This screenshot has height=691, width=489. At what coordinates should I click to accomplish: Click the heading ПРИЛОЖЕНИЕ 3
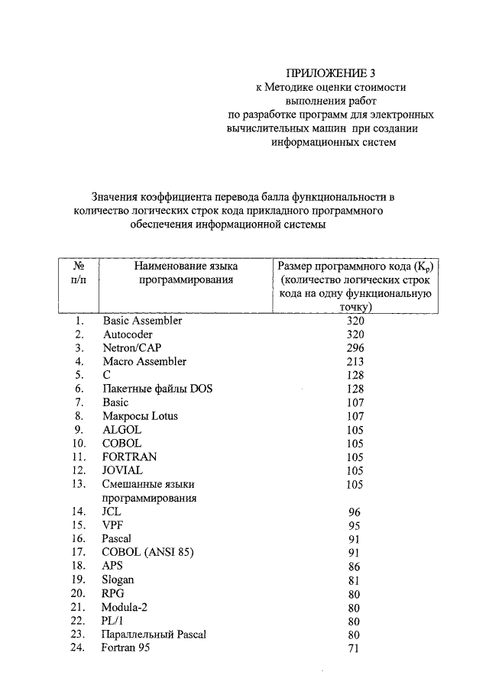331,73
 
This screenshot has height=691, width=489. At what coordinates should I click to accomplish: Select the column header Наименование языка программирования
186,273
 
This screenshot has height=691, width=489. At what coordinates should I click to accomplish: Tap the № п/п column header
78,273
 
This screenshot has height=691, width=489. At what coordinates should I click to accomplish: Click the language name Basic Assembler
142,321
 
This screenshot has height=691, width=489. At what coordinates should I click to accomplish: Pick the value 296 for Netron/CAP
355,348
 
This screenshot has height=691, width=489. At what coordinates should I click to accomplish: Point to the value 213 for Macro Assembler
355,362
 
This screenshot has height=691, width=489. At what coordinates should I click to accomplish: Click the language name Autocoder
128,334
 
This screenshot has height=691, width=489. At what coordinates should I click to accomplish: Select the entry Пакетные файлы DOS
157,389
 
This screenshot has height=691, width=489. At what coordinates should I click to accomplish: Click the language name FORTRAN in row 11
129,457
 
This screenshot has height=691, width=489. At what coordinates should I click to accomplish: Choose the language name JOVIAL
122,470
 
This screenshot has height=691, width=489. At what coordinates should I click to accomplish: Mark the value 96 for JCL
355,512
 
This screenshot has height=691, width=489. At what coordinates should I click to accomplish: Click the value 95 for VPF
355,525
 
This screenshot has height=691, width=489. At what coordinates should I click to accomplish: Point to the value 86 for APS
355,567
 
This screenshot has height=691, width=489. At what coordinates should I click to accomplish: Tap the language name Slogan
118,580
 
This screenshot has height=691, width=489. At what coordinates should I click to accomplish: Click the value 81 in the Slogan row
355,580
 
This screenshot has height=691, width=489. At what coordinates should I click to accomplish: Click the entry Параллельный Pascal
154,634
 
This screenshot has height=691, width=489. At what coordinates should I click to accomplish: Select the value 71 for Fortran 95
355,648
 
